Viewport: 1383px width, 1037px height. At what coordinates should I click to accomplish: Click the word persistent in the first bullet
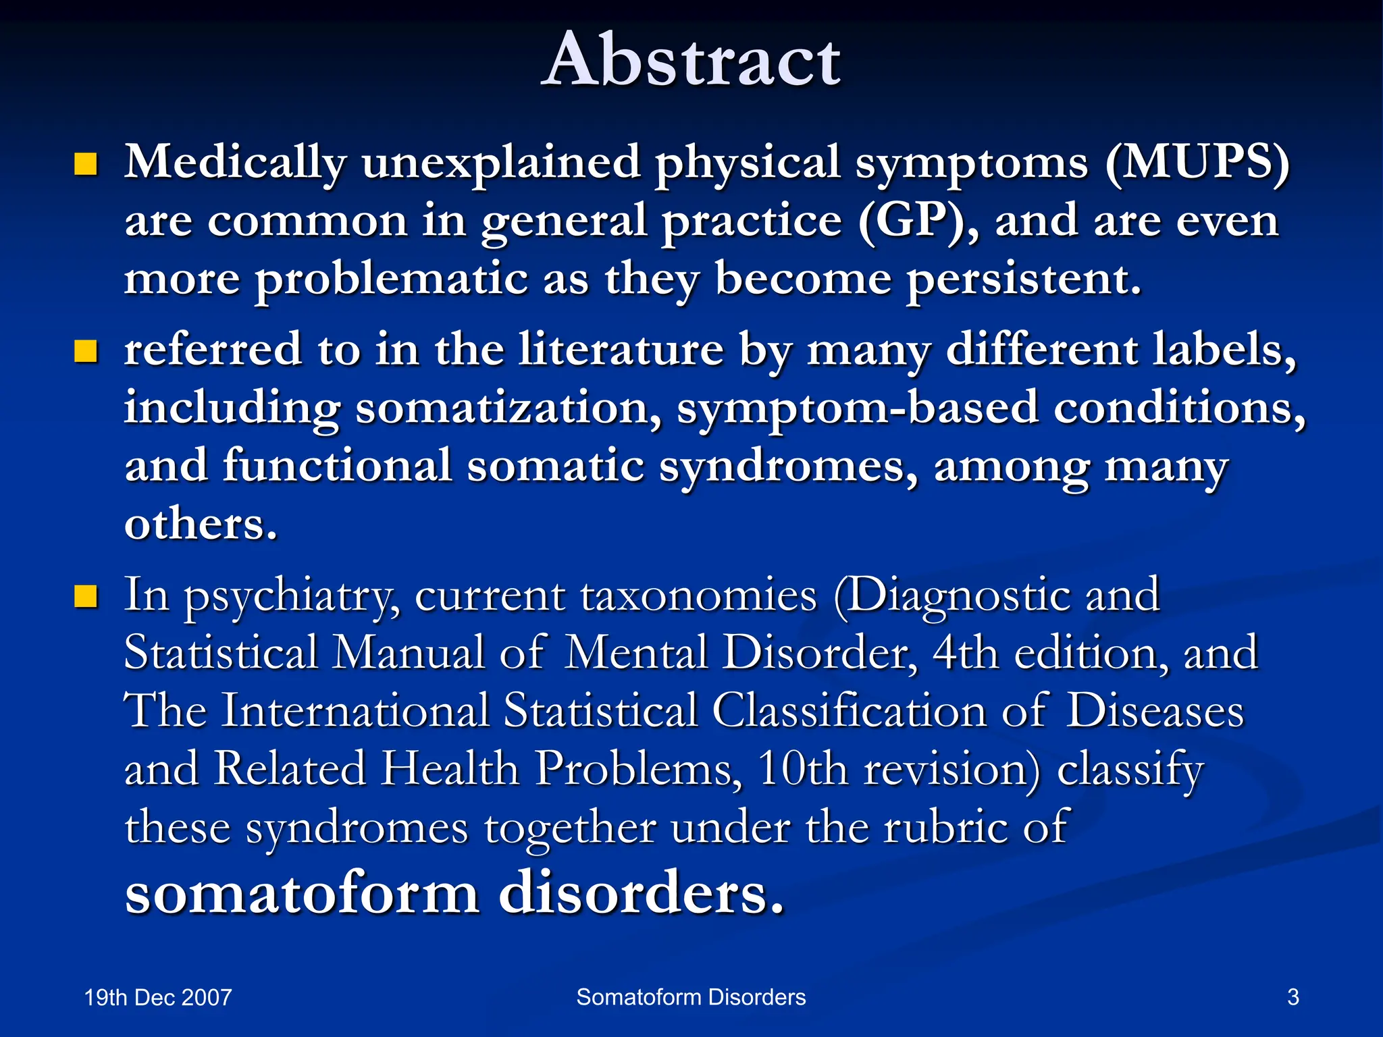(x=1023, y=279)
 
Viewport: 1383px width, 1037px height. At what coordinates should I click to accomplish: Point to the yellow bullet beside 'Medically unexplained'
(x=86, y=163)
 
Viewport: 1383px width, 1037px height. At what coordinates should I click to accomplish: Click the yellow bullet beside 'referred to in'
(x=86, y=351)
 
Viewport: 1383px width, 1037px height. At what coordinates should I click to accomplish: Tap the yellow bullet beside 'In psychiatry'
(x=86, y=596)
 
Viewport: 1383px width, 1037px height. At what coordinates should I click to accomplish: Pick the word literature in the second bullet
(x=621, y=350)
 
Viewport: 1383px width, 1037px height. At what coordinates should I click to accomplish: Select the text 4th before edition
(x=965, y=654)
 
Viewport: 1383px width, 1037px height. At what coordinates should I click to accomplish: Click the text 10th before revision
(x=802, y=769)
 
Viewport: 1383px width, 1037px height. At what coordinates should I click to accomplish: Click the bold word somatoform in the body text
(x=302, y=893)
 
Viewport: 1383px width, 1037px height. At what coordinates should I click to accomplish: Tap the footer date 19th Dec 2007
(x=158, y=998)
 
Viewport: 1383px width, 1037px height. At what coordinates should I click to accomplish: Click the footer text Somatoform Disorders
(x=691, y=997)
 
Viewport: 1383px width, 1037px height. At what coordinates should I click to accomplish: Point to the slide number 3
(x=1293, y=997)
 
